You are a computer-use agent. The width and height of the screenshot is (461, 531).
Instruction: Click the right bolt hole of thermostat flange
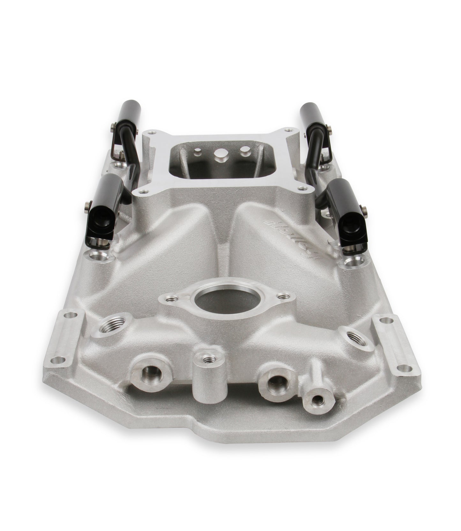[x=281, y=296]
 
